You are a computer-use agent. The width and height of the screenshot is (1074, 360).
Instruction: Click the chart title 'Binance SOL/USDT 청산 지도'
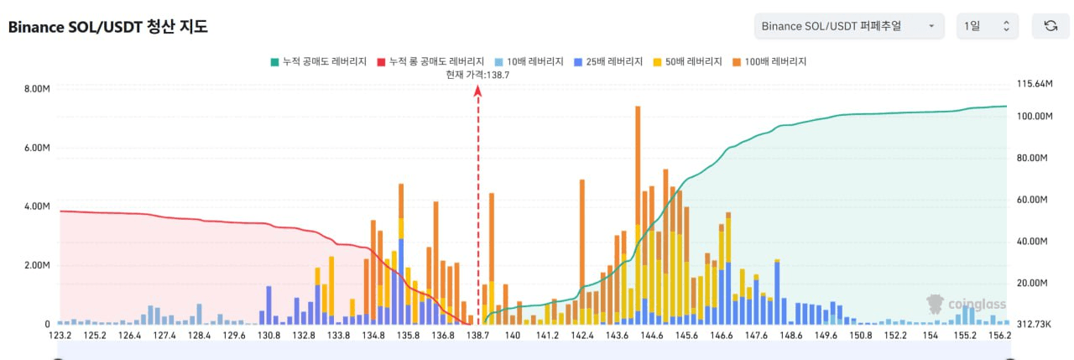[x=108, y=27]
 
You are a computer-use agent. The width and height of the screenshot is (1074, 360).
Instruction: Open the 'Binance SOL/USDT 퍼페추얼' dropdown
[x=848, y=26]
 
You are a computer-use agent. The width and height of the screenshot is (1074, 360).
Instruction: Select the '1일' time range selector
[x=987, y=26]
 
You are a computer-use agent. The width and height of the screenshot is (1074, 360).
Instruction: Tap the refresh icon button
[x=1050, y=26]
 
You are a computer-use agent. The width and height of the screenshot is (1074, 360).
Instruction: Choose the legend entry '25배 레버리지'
[x=609, y=61]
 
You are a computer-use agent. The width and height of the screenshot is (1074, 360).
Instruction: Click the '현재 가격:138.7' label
[x=478, y=75]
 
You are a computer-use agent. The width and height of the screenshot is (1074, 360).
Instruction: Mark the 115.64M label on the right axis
[x=1034, y=85]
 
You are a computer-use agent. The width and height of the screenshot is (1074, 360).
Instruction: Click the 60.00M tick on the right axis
[x=1032, y=200]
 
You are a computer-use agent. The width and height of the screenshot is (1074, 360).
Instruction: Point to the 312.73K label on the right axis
[x=1033, y=324]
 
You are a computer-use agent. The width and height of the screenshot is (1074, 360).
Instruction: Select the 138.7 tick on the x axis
[x=478, y=336]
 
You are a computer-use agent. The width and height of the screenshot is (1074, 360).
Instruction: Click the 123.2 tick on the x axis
[x=60, y=336]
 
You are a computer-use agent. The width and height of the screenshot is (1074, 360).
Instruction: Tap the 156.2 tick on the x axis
[x=999, y=336]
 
